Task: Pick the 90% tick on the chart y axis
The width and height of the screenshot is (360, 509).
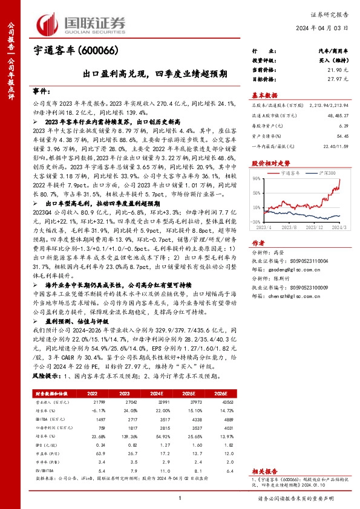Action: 257,178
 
